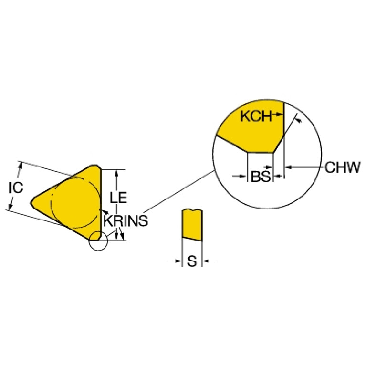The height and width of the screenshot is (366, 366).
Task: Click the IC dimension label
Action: tap(16, 187)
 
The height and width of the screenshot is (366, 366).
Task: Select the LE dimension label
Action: tap(118, 197)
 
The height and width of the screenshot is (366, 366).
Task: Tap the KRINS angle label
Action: tap(125, 220)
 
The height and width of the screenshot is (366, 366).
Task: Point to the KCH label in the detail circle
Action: tap(256, 116)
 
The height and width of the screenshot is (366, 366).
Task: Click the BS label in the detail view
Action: tap(260, 176)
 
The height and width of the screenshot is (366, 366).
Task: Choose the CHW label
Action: tap(343, 167)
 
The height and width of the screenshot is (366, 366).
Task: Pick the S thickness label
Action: tap(192, 261)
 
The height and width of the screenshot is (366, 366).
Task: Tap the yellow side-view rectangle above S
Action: tap(192, 225)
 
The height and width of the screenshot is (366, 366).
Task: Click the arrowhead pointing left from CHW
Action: tap(289, 167)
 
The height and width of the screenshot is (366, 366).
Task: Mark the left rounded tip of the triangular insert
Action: tap(31, 203)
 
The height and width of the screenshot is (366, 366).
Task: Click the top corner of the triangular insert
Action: tap(96, 165)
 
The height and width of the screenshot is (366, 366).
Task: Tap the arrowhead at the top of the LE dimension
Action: tap(117, 173)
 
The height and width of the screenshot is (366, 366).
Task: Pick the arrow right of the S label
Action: tap(209, 261)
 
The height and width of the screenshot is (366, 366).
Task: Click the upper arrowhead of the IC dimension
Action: tap(21, 166)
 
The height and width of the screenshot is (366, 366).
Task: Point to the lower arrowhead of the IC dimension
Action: tap(10, 207)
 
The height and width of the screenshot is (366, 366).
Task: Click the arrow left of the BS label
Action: tap(240, 176)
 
